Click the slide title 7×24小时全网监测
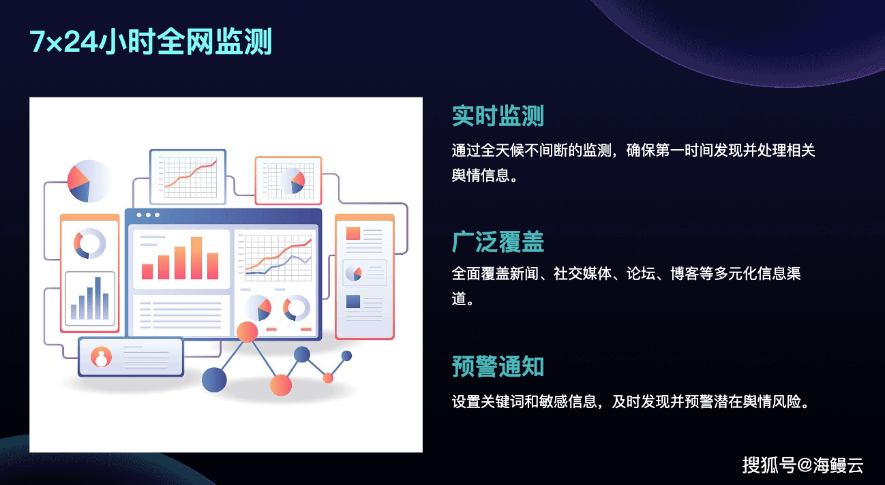151,42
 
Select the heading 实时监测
498,116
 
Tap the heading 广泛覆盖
498,242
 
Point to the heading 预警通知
498,366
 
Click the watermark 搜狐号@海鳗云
802,465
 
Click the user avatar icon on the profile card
101,357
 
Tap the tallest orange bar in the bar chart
196,258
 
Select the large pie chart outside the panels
89,181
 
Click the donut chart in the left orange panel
90,243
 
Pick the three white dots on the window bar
148,215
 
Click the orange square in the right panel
353,233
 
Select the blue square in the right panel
353,302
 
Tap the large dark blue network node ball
214,380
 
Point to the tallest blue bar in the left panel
97,298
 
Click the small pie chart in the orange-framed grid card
292,181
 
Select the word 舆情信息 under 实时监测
481,176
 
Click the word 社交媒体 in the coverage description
582,273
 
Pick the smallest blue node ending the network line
346,356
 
